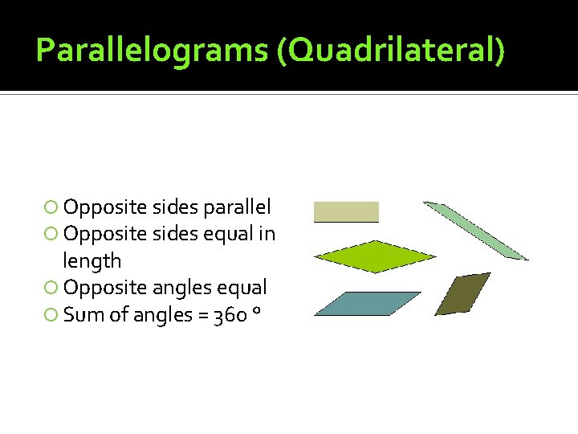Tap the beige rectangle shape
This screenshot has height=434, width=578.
click(x=346, y=211)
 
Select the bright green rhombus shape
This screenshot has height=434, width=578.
click(x=374, y=257)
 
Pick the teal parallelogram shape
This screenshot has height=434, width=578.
click(x=368, y=304)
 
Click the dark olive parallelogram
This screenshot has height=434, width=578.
click(x=462, y=293)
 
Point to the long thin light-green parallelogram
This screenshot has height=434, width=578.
click(x=475, y=231)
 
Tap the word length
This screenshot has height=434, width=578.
click(x=92, y=261)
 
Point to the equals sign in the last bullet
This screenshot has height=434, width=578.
click(x=200, y=315)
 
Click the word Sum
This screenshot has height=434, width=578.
click(x=82, y=314)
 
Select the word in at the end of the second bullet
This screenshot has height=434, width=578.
click(x=267, y=234)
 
